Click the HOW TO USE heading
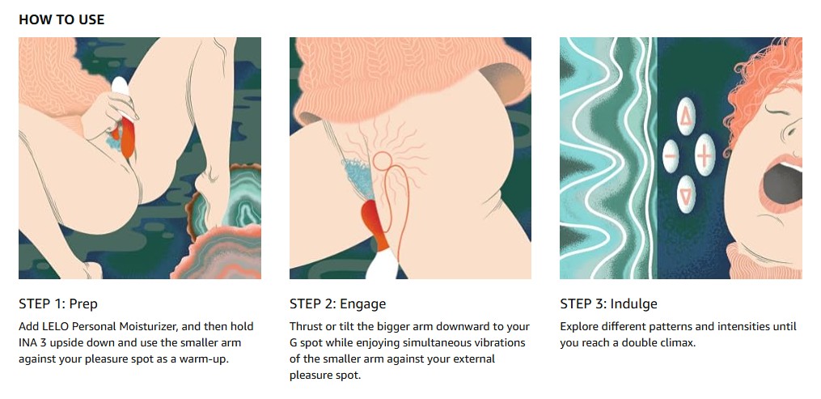coord(61,20)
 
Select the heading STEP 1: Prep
coord(58,303)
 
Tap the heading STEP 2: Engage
coord(338,303)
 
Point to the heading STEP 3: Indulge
coord(608,303)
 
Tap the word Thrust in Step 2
coord(305,327)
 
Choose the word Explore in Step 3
coord(578,327)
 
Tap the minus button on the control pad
coord(671,156)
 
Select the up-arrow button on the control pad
coord(686,117)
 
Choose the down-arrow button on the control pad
coord(686,194)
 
